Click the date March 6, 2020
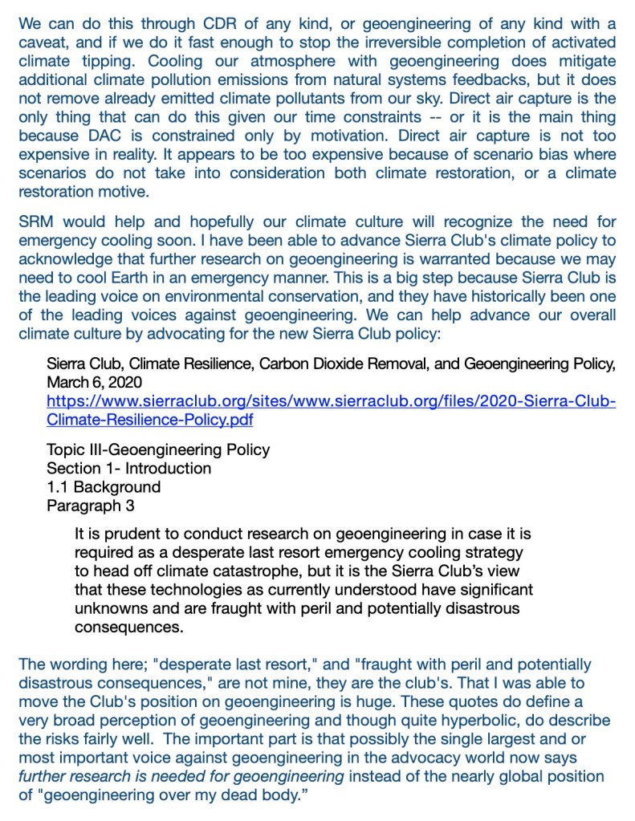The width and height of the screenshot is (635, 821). point(93,382)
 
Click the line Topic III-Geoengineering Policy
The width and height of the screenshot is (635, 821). point(158,449)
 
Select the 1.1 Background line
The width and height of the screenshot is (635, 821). point(104,486)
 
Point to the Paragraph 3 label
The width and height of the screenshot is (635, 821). point(91,505)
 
